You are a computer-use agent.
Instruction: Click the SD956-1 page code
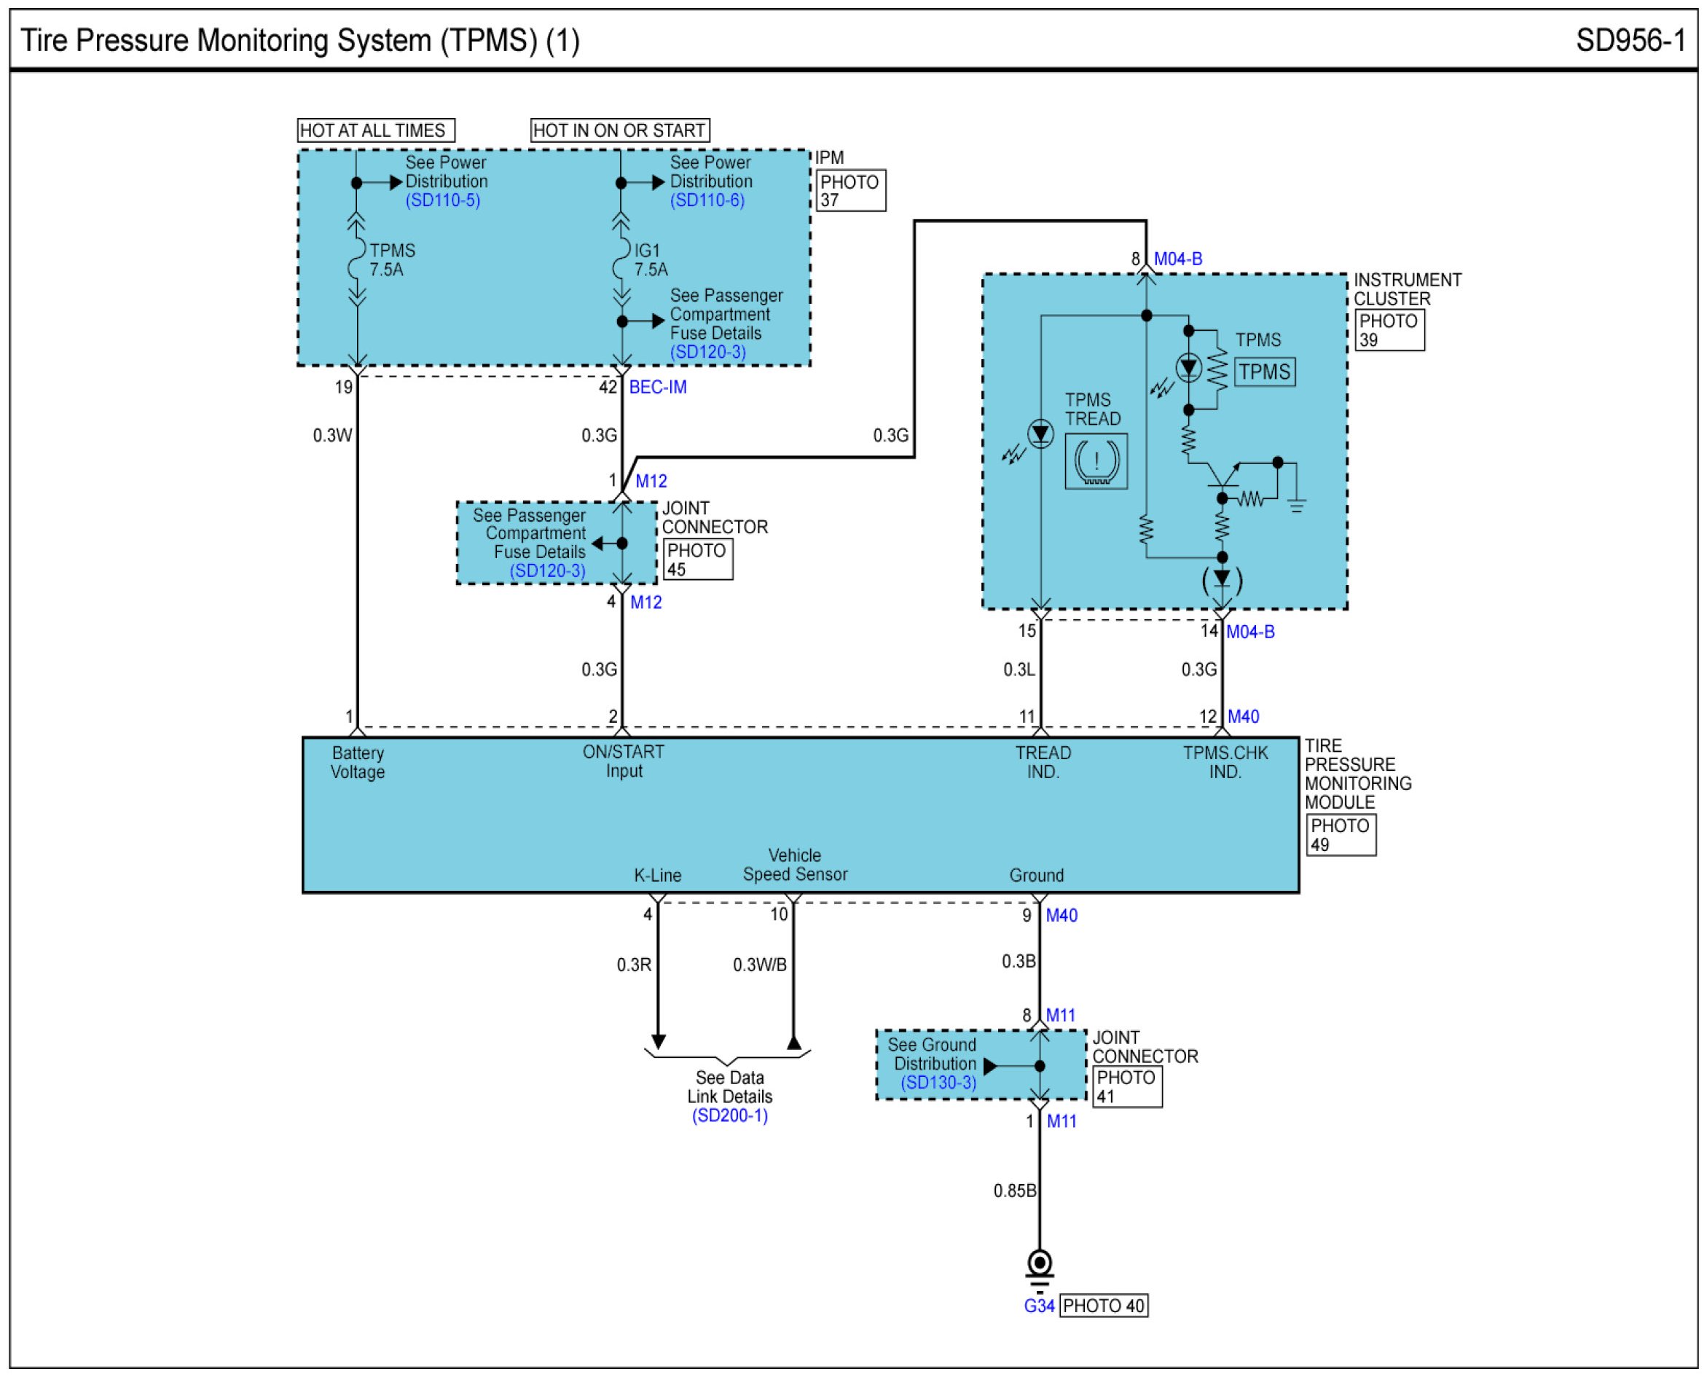[1630, 41]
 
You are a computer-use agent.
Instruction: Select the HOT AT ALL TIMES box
[375, 130]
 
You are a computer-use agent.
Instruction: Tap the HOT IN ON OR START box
[619, 130]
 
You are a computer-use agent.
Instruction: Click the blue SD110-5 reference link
[443, 200]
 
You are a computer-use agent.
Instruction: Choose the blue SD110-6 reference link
[707, 200]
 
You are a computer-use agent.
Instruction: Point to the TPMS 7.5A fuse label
[392, 260]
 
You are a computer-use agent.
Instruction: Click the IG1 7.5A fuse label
[651, 260]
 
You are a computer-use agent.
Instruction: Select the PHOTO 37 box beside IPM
[851, 190]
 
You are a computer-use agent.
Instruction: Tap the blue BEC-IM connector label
[658, 387]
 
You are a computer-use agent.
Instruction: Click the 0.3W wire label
[332, 436]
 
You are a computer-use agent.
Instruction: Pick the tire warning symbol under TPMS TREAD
[1096, 460]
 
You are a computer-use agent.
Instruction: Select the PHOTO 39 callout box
[1389, 330]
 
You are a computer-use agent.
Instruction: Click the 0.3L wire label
[1019, 670]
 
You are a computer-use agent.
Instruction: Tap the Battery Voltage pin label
[358, 762]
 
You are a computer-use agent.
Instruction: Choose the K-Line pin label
[658, 875]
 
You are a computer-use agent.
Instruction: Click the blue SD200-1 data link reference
[730, 1115]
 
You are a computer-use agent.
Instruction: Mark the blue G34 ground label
[1039, 1306]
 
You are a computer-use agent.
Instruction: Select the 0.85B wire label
[1015, 1190]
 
